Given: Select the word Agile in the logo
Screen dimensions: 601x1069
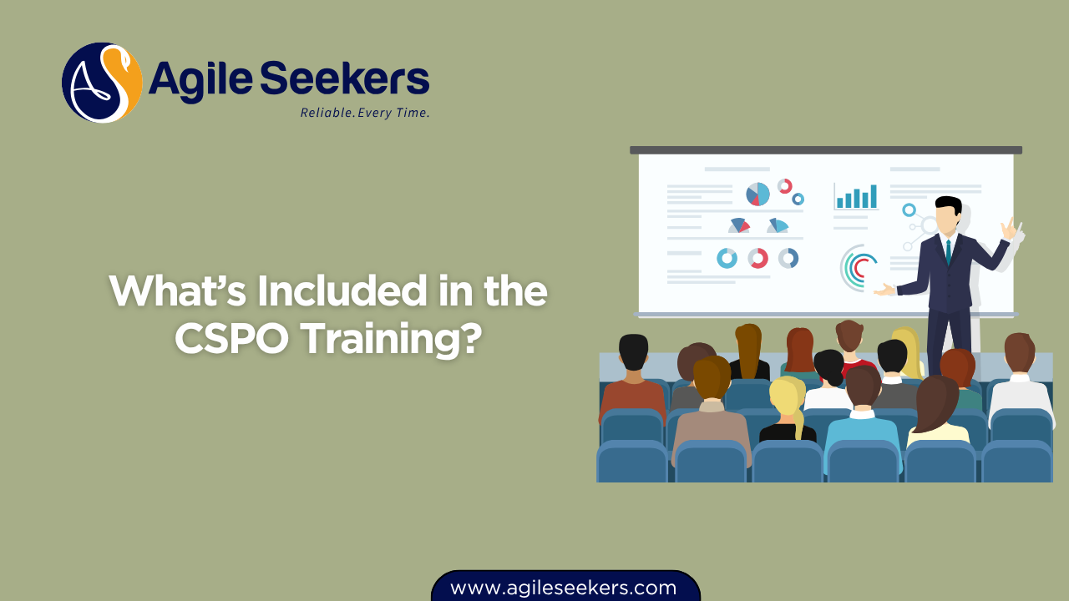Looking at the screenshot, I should [200, 82].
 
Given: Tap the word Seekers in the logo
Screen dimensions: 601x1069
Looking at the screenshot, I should [345, 81].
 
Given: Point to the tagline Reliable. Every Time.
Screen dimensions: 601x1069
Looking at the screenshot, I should [365, 113].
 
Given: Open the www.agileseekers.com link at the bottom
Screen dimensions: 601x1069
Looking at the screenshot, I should [564, 588].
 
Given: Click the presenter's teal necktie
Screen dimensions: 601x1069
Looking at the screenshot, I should [949, 250].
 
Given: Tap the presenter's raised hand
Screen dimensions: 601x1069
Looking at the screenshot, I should [1011, 229].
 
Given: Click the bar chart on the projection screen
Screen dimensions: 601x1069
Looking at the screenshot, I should [856, 197].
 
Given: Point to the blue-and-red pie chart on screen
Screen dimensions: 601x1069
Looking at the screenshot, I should [757, 194].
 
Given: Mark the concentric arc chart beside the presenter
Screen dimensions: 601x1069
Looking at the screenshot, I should [858, 266].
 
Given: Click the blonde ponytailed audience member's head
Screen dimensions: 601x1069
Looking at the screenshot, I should [785, 397].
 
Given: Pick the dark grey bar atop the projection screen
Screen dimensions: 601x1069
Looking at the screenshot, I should [825, 150].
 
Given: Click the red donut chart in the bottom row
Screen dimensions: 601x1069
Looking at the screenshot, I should [757, 258].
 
